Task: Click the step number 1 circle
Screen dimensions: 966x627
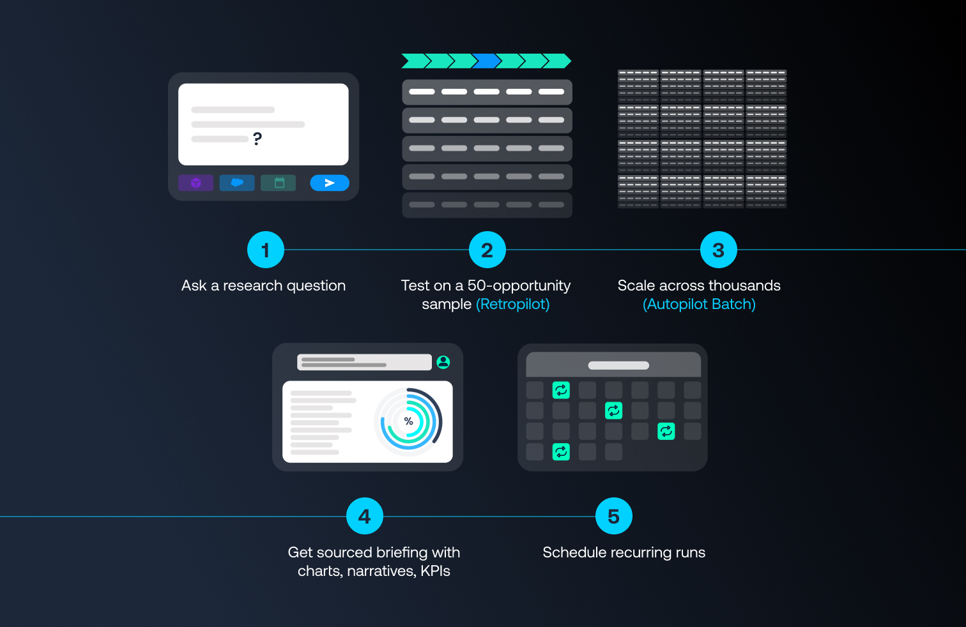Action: click(265, 250)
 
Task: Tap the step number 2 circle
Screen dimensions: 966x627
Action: click(487, 250)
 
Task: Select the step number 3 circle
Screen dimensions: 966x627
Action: click(718, 250)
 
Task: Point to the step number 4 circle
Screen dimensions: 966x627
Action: click(364, 517)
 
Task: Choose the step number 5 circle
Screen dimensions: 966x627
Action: click(613, 517)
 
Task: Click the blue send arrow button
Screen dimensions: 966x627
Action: click(330, 183)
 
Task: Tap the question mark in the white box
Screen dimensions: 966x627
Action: click(257, 139)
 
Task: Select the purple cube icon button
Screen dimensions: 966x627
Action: click(196, 183)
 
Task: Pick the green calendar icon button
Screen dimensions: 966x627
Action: click(279, 183)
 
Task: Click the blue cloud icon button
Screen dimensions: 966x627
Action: click(237, 183)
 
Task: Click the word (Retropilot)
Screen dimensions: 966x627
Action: click(512, 304)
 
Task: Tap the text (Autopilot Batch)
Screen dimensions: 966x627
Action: click(699, 304)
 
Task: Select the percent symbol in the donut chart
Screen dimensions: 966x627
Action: click(409, 421)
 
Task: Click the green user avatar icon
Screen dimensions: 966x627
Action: click(443, 362)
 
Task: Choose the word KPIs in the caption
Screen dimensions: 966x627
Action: click(435, 571)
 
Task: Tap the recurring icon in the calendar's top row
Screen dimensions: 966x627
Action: click(561, 389)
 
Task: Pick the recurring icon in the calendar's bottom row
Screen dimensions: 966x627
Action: click(561, 452)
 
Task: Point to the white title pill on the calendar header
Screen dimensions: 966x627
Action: click(618, 366)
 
